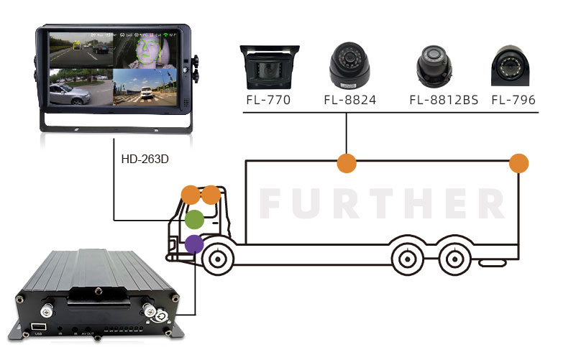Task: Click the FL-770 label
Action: [268, 100]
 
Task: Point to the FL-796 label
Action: [513, 100]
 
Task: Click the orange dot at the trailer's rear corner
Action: [518, 162]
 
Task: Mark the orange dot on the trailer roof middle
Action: [347, 162]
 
